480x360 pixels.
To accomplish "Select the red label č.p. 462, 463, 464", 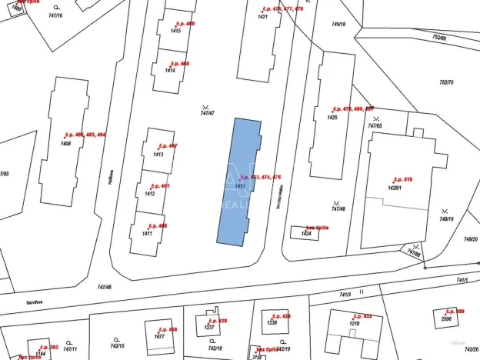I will click(85, 135).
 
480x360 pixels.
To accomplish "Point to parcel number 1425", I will click(332, 118).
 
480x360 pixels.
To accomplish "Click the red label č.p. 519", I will click(403, 179).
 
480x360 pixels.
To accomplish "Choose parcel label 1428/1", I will click(396, 187).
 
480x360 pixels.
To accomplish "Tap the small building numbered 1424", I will click(305, 232).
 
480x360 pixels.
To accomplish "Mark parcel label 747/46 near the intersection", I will click(105, 287).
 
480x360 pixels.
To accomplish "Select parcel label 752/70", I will click(446, 82).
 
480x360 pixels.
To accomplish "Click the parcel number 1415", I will click(175, 31).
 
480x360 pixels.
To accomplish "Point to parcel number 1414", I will click(170, 70).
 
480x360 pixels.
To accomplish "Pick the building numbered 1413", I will click(158, 155).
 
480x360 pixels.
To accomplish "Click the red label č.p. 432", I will click(362, 316).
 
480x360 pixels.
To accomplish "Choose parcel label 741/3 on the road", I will click(345, 295).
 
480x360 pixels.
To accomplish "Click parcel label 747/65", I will click(375, 125).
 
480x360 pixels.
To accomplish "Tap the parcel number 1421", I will click(263, 16).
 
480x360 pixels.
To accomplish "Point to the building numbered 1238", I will click(272, 323).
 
